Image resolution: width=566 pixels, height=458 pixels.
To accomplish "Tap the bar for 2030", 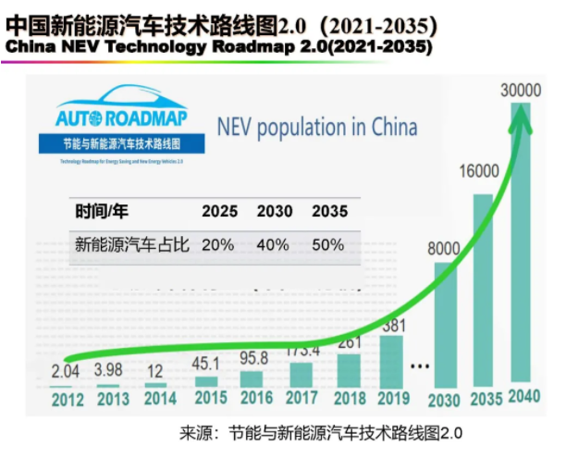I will pyautogui.click(x=445, y=324).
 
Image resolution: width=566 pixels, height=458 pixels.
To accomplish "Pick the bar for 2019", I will pyautogui.click(x=392, y=361).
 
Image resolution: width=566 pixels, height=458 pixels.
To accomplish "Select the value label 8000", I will pyautogui.click(x=444, y=248).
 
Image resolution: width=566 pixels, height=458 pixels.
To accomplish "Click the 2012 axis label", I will pyautogui.click(x=68, y=400).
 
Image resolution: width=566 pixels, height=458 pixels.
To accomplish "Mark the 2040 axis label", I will pyautogui.click(x=524, y=399).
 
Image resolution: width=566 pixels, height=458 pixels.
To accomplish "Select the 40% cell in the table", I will pyautogui.click(x=274, y=245).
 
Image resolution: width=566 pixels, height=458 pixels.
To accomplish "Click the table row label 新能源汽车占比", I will pyautogui.click(x=131, y=245).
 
